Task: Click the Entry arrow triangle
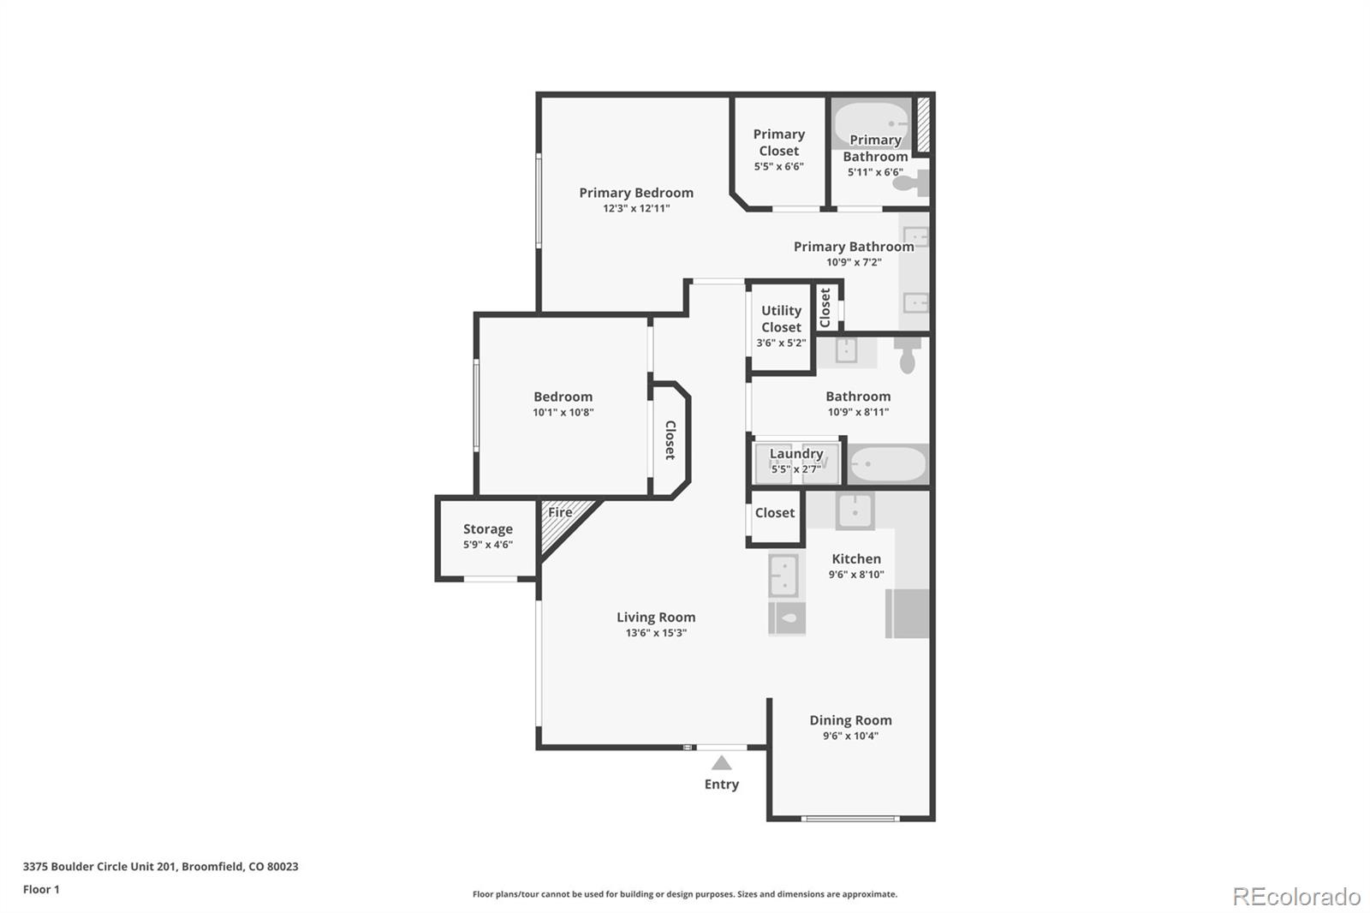coord(722,763)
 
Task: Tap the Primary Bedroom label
coord(636,193)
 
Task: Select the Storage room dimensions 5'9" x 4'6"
coord(488,545)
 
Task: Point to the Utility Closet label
coord(781,319)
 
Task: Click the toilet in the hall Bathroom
coord(908,355)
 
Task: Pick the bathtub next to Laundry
coord(888,464)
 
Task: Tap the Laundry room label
coord(796,453)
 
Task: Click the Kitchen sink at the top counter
coord(855,511)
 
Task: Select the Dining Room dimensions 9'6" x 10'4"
coord(850,736)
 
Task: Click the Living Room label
coord(656,617)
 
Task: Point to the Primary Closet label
coord(778,142)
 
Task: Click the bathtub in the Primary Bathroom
coord(872,122)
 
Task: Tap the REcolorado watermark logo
coord(1296,897)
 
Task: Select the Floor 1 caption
coord(41,889)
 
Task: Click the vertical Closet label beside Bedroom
coord(670,440)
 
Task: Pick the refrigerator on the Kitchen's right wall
coord(908,613)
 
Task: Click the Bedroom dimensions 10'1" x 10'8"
coord(563,412)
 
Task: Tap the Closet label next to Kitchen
coord(774,512)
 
